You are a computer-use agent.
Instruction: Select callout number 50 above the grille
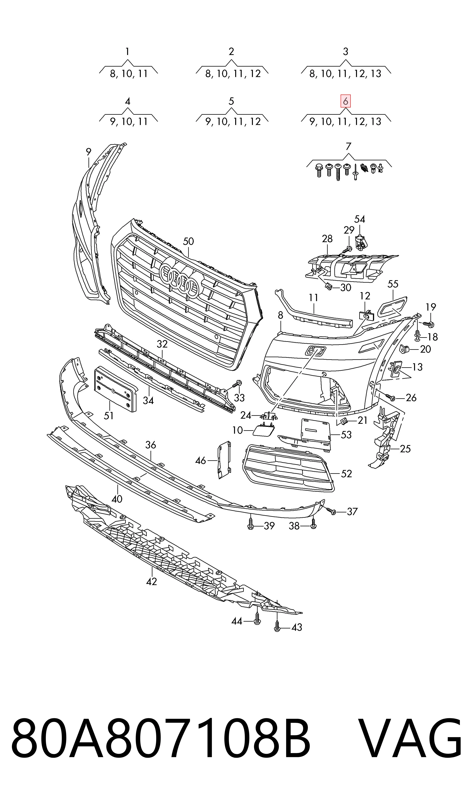point(188,241)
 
